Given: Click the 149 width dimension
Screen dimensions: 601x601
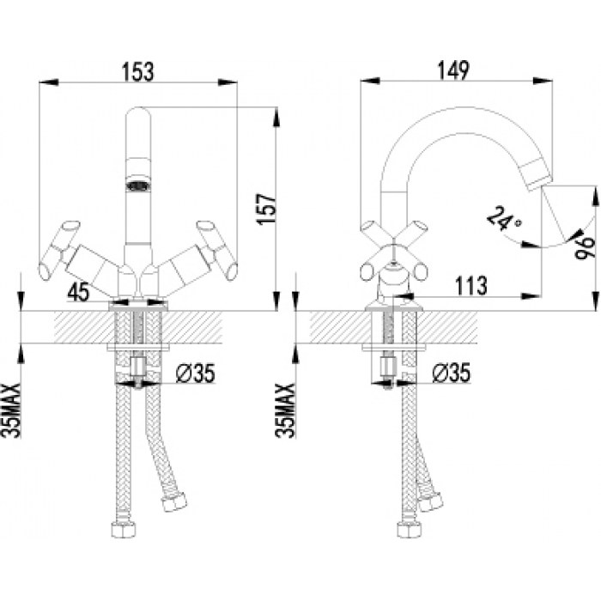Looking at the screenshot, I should point(453,73).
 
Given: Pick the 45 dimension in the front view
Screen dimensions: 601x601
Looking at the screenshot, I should point(78,292).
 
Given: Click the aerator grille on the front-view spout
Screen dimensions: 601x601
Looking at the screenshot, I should point(137,183).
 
